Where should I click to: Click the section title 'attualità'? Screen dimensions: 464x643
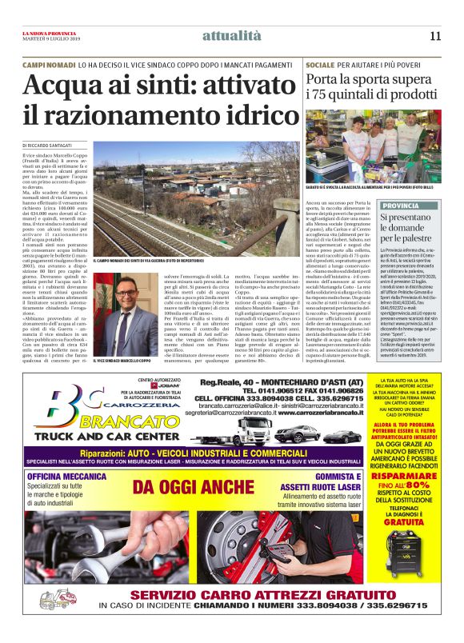pos(231,35)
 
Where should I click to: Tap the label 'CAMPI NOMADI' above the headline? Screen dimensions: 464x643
pos(49,62)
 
